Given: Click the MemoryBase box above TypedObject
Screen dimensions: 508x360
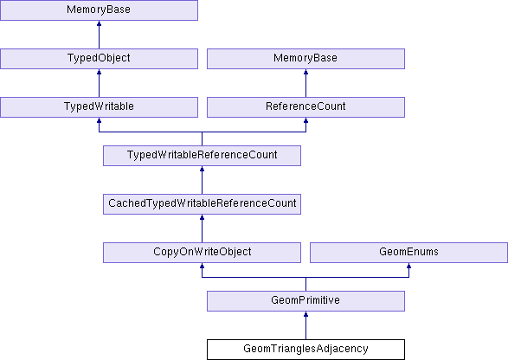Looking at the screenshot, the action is pyautogui.click(x=99, y=10).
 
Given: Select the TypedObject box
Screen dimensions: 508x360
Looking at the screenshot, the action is pyautogui.click(x=99, y=59).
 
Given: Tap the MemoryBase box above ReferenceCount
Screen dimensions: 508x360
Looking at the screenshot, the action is pyautogui.click(x=305, y=59).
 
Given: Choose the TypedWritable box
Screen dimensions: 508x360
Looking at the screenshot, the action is pyautogui.click(x=99, y=107).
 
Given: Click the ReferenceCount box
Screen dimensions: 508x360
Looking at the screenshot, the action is pyautogui.click(x=305, y=107).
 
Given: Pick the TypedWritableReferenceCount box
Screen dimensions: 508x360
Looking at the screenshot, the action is pyautogui.click(x=203, y=156).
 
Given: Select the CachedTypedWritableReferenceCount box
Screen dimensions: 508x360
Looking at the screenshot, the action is pyautogui.click(x=203, y=204).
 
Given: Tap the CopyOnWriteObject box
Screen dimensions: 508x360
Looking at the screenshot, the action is pyautogui.click(x=203, y=253).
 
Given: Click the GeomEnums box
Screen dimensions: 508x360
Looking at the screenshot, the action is pyautogui.click(x=408, y=253).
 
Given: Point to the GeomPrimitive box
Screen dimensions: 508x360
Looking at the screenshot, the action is pyautogui.click(x=305, y=300).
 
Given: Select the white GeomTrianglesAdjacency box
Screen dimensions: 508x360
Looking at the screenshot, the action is pyautogui.click(x=305, y=350).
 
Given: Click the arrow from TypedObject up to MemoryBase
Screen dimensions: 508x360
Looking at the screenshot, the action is pyautogui.click(x=99, y=35).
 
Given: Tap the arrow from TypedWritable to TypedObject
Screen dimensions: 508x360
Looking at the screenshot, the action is pyautogui.click(x=99, y=83).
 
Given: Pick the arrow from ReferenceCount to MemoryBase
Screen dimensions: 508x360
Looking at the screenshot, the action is pyautogui.click(x=305, y=83).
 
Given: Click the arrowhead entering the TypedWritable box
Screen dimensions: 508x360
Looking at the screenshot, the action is pyautogui.click(x=99, y=120).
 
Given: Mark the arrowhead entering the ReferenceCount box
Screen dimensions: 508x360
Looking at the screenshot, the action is pyautogui.click(x=305, y=120).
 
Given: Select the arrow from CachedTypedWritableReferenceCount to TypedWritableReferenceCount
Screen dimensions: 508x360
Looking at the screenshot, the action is pyautogui.click(x=203, y=180).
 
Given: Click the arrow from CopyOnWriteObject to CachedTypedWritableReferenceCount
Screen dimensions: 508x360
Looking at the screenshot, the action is pyautogui.click(x=203, y=228).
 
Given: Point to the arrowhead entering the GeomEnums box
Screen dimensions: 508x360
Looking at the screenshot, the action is pyautogui.click(x=408, y=266).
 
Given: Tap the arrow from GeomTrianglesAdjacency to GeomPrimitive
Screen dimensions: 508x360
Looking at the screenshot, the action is pyautogui.click(x=305, y=325).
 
